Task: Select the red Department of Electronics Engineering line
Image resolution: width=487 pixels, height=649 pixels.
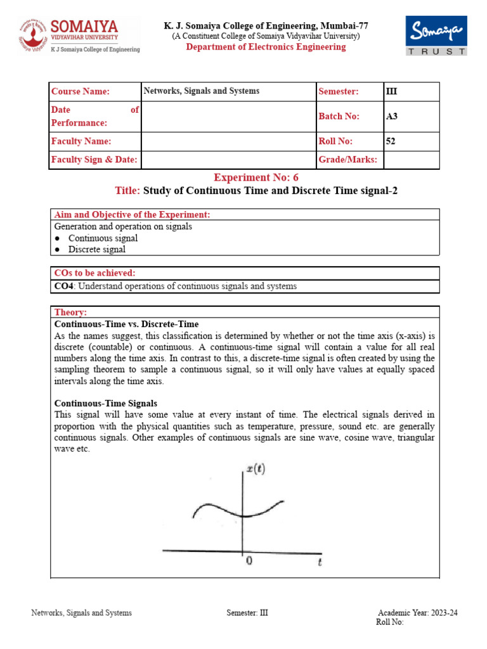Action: click(x=266, y=48)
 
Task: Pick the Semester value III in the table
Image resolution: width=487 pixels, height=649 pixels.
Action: click(x=391, y=91)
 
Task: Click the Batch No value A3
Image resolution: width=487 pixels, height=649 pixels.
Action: click(x=392, y=116)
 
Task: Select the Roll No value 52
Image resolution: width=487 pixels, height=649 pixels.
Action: click(x=391, y=141)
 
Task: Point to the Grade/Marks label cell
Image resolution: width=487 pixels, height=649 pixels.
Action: click(x=348, y=160)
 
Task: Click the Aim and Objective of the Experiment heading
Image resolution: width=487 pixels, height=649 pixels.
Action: click(x=132, y=215)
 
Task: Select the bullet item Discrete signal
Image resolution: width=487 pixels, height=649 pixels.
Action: click(x=96, y=249)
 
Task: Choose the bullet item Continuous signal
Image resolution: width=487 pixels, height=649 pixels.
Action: click(x=103, y=238)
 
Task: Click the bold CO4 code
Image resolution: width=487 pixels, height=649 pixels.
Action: click(x=63, y=286)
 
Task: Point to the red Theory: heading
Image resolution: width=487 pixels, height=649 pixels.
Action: click(x=70, y=312)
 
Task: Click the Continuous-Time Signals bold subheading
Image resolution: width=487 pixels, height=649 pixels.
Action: click(x=105, y=403)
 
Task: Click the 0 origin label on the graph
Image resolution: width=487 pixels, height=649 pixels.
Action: click(x=249, y=561)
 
